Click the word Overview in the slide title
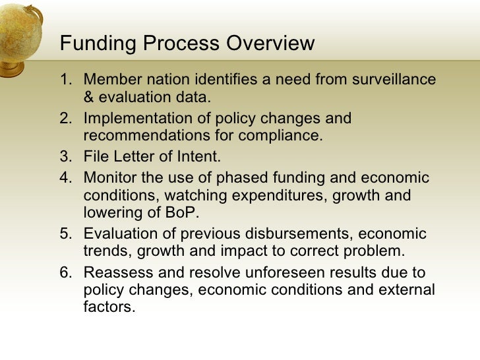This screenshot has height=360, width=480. click(x=270, y=44)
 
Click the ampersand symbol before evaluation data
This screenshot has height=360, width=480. click(x=89, y=98)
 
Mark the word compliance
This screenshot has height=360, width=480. click(x=284, y=136)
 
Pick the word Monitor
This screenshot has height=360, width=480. click(x=109, y=178)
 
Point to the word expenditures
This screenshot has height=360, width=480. click(x=267, y=196)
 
